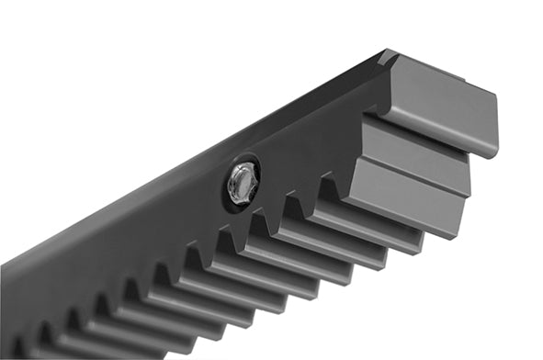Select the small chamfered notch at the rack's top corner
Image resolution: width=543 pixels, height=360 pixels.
(x=387, y=57)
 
